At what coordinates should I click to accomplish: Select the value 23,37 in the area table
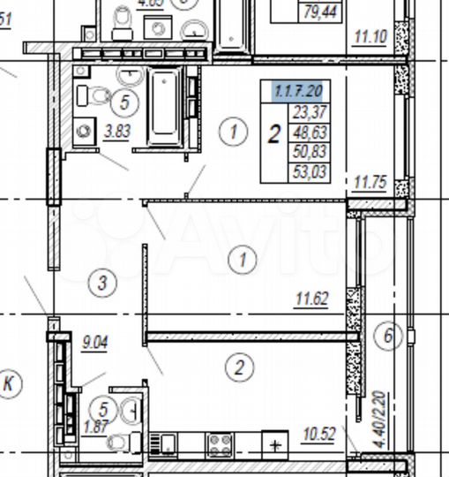tap(309, 112)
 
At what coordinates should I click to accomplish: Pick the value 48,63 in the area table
tap(309, 132)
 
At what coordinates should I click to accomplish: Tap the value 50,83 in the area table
tap(309, 151)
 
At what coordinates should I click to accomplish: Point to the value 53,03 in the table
tap(309, 171)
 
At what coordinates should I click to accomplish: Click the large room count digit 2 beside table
tap(274, 134)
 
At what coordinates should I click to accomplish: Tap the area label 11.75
tap(370, 184)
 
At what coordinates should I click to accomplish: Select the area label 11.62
tap(311, 299)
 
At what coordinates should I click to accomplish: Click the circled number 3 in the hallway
tap(103, 283)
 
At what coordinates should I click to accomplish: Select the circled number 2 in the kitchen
tap(237, 365)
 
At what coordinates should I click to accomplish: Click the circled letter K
tap(11, 382)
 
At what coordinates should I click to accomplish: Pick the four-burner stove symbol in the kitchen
tap(220, 443)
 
